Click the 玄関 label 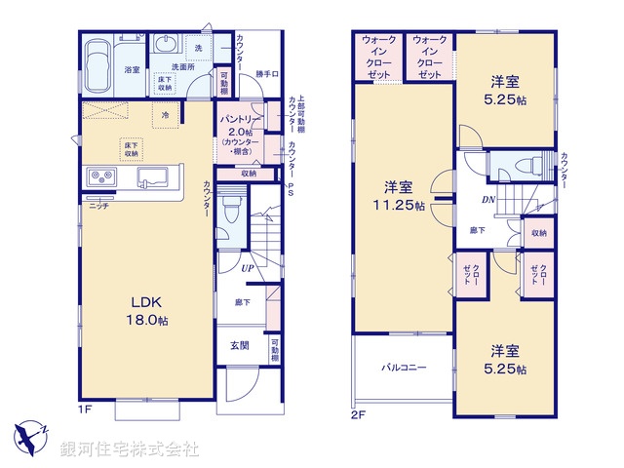240,345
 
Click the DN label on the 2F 486,200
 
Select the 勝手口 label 267,74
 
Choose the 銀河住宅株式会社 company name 130,449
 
